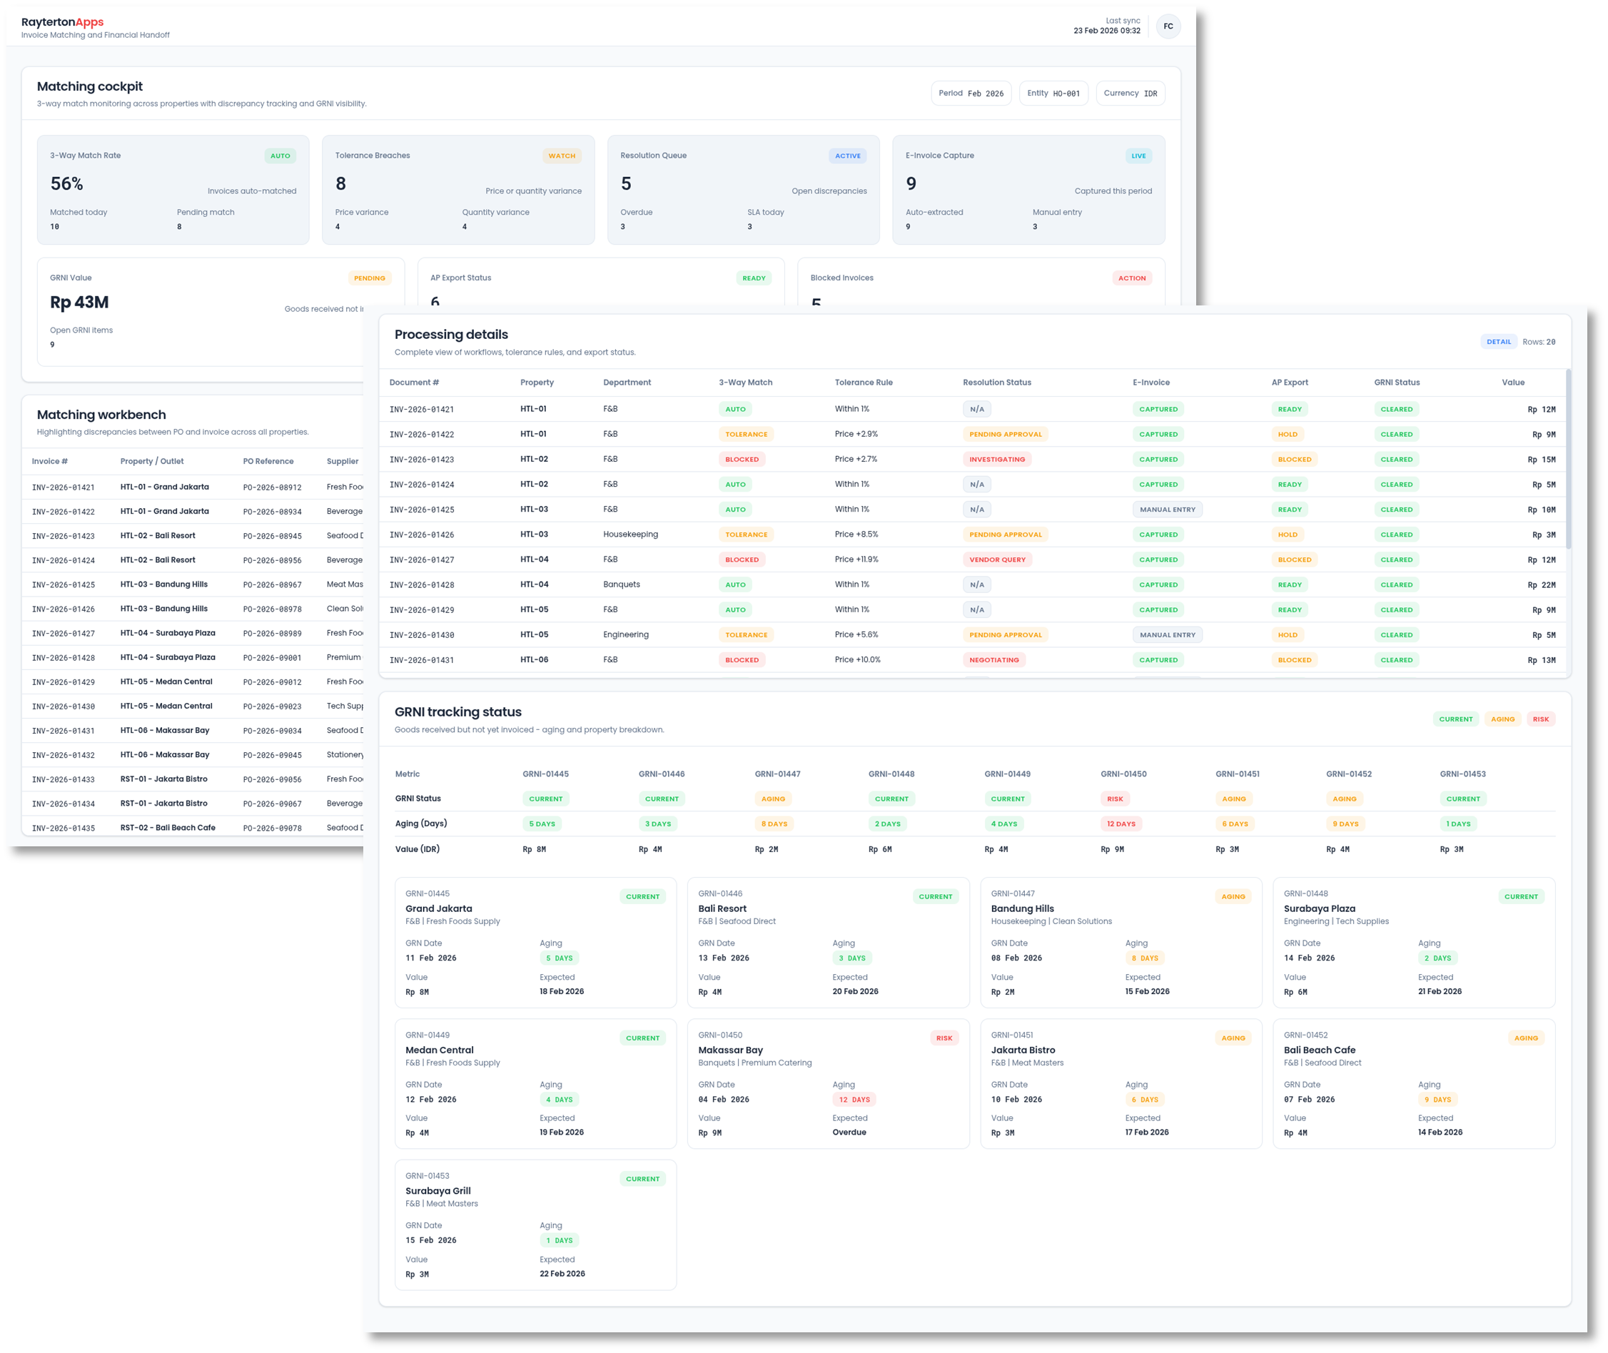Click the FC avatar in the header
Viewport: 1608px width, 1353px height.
pos(1168,26)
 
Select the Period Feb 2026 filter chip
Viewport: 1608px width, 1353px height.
pos(971,93)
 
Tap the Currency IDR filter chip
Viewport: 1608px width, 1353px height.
pos(1130,93)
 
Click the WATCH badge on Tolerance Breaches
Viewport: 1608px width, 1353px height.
pos(562,156)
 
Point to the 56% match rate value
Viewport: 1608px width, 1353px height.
pos(67,184)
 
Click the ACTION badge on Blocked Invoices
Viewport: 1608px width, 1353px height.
pos(1131,278)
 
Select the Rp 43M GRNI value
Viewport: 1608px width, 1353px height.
pos(79,302)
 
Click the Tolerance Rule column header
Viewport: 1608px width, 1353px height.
pos(863,382)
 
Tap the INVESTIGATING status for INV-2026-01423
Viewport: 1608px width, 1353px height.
pos(996,460)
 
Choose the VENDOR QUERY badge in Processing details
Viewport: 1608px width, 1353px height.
pos(996,560)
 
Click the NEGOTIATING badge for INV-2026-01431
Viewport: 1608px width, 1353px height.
pos(993,659)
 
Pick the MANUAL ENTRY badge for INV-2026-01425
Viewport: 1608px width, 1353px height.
pos(1167,510)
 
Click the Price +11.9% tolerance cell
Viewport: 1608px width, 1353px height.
pos(856,560)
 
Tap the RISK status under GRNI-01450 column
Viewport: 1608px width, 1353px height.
pos(1115,799)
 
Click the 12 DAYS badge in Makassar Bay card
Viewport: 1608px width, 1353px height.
pos(854,1099)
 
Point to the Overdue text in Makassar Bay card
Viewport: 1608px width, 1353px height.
pos(849,1132)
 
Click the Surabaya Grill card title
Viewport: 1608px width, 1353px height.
pos(438,1191)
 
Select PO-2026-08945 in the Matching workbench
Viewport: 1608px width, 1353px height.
pos(273,536)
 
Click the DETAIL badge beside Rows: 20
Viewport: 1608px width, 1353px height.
pos(1498,342)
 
